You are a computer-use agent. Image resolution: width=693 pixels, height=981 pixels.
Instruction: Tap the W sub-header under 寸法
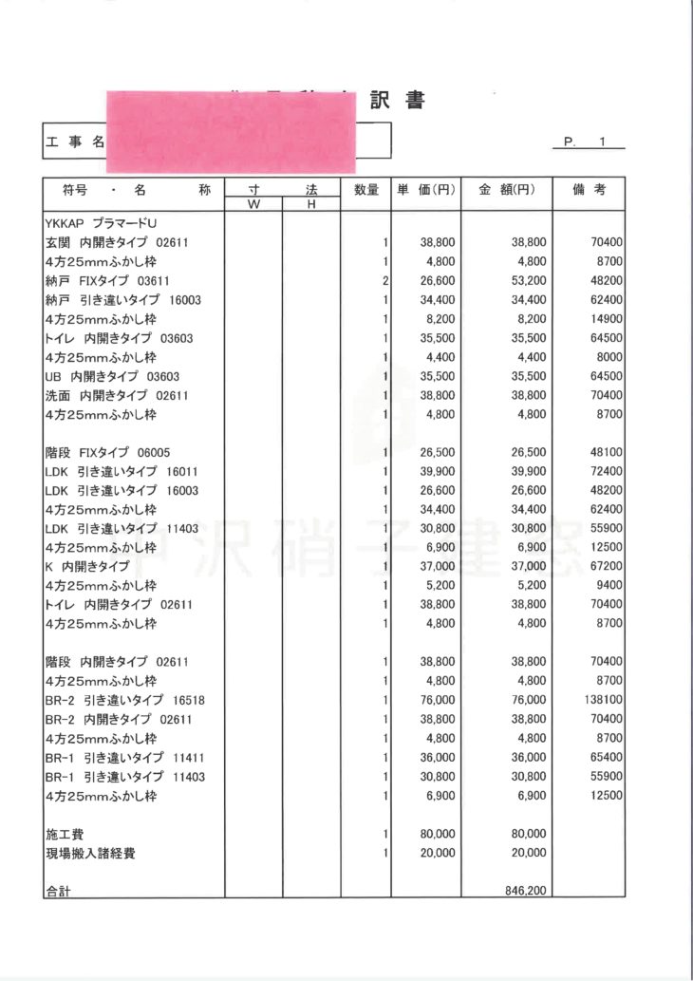coord(253,205)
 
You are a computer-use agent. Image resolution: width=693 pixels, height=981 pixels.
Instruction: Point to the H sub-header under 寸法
coord(310,205)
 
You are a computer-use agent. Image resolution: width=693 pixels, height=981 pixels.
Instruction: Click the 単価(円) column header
coord(424,190)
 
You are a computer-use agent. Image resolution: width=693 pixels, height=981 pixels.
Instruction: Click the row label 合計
coord(58,892)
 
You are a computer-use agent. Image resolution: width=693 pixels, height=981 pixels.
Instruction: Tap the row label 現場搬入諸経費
coord(90,853)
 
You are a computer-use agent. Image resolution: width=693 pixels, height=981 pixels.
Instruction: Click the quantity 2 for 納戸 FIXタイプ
coord(386,281)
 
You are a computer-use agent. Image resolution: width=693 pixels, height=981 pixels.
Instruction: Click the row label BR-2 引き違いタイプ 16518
coord(125,700)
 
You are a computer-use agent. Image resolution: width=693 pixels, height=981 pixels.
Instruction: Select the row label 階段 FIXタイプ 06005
coord(107,452)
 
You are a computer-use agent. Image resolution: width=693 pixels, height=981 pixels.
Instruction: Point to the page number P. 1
coord(586,141)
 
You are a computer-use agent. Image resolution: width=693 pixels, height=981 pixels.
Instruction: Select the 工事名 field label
coord(74,142)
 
